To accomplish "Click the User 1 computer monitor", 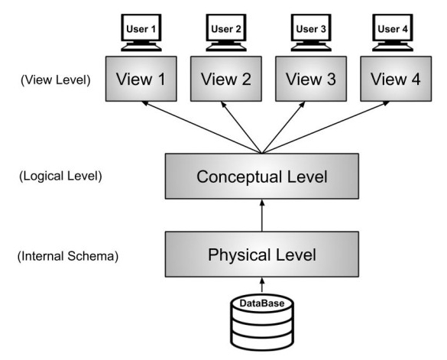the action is click(x=141, y=33).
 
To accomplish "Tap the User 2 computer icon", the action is click(x=226, y=33).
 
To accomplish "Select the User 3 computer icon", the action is click(x=311, y=33).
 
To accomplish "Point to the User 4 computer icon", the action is click(x=393, y=33).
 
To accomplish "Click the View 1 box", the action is click(x=141, y=79).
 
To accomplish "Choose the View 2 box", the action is click(x=226, y=79).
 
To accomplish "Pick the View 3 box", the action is click(x=311, y=79).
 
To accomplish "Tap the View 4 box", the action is click(x=396, y=79).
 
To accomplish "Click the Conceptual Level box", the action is click(x=262, y=177).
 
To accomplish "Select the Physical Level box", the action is click(x=262, y=255).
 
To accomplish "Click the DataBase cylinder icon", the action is click(x=262, y=323).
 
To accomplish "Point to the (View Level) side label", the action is click(x=56, y=80).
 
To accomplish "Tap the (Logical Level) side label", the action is click(x=60, y=176).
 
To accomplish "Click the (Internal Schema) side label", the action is click(x=68, y=256).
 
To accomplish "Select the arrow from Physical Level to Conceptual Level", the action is click(x=262, y=216).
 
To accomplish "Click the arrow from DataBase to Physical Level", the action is click(x=262, y=285).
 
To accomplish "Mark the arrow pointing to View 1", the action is click(x=202, y=128).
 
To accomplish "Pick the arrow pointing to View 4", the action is click(x=326, y=128).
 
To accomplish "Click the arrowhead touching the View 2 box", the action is click(x=223, y=105).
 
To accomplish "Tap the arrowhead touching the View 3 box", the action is click(x=303, y=105).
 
